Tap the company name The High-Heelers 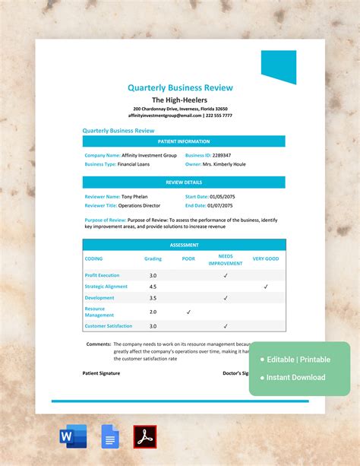180,100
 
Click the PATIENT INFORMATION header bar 184,141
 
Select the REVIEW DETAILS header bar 184,182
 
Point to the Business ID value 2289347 219,155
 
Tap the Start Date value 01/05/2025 223,196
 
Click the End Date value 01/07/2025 221,205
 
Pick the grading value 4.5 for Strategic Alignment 153,287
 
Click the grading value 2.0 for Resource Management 153,312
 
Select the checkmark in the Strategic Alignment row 266,287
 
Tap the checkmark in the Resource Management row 188,312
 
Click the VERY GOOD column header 266,258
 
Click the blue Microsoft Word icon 73,436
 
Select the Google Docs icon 110,436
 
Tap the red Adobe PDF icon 144,436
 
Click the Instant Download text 296,377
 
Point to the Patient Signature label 101,373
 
